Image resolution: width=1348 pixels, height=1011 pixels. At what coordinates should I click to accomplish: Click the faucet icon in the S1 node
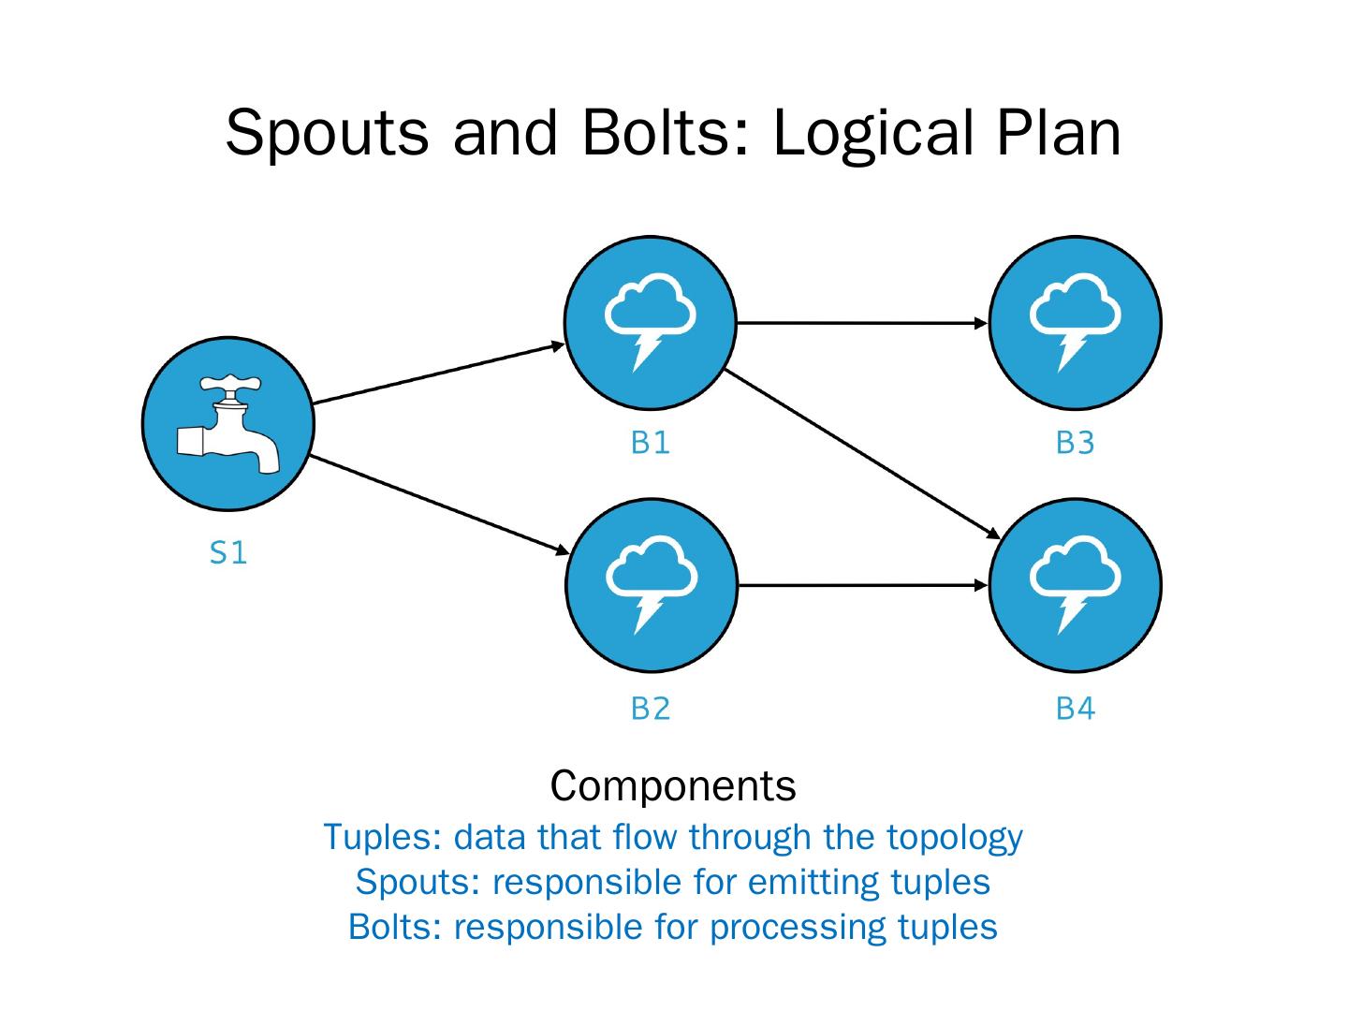[x=227, y=423]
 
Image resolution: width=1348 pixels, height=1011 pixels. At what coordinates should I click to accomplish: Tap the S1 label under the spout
[x=227, y=552]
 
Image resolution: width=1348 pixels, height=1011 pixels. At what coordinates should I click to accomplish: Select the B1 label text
[x=650, y=443]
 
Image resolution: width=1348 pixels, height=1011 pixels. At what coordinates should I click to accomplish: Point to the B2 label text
[x=651, y=709]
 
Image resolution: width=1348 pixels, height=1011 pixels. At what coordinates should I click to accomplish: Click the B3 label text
[x=1075, y=443]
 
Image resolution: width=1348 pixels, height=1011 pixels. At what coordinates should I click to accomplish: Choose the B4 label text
[x=1076, y=709]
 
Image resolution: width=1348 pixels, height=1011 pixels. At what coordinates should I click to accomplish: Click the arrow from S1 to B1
[x=438, y=374]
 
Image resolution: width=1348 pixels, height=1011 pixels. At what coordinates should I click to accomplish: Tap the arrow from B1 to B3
[x=862, y=323]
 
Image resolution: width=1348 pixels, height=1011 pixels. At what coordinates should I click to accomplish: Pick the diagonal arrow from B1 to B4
[x=862, y=454]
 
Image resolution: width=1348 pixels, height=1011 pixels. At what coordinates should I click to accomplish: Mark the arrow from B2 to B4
[x=863, y=586]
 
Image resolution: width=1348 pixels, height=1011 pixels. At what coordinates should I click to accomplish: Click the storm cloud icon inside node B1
[x=650, y=323]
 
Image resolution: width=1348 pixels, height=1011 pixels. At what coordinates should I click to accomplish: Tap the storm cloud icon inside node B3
[x=1075, y=323]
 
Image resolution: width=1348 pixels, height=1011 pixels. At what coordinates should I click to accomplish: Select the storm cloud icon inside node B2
[x=651, y=585]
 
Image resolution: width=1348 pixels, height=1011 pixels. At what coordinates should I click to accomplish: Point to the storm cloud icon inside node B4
[x=1075, y=585]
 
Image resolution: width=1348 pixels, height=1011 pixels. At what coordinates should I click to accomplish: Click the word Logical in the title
[x=873, y=135]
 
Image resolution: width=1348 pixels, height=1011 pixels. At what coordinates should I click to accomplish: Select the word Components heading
[x=673, y=785]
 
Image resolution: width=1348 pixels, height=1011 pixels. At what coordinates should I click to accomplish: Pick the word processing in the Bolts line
[x=798, y=928]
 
